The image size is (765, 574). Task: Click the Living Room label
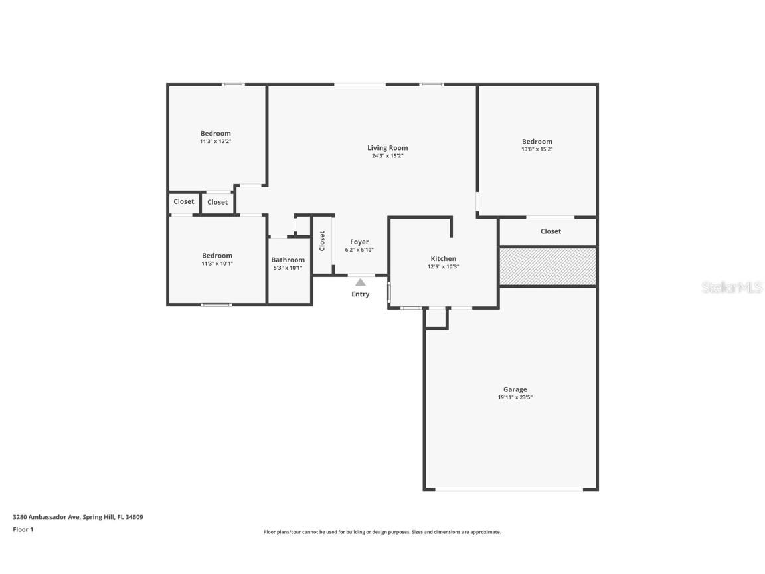387,148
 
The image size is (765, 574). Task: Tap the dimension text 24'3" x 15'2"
387,156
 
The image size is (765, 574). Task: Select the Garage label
515,390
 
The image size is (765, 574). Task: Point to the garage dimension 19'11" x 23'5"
515,397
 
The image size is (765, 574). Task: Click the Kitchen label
443,258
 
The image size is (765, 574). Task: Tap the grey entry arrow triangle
360,282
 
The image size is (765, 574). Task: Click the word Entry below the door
360,294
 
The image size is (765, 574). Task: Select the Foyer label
359,242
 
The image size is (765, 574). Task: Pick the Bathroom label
288,260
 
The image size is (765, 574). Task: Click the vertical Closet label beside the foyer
322,240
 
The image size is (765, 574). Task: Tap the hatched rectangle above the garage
547,266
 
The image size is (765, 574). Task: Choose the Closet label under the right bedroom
550,231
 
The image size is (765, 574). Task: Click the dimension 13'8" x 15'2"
537,149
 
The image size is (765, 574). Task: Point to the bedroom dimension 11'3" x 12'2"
215,142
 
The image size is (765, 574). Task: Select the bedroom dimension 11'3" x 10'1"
216,264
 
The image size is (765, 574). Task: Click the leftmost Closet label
184,201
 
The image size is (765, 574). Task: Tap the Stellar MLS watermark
732,288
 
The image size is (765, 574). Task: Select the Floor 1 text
23,529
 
